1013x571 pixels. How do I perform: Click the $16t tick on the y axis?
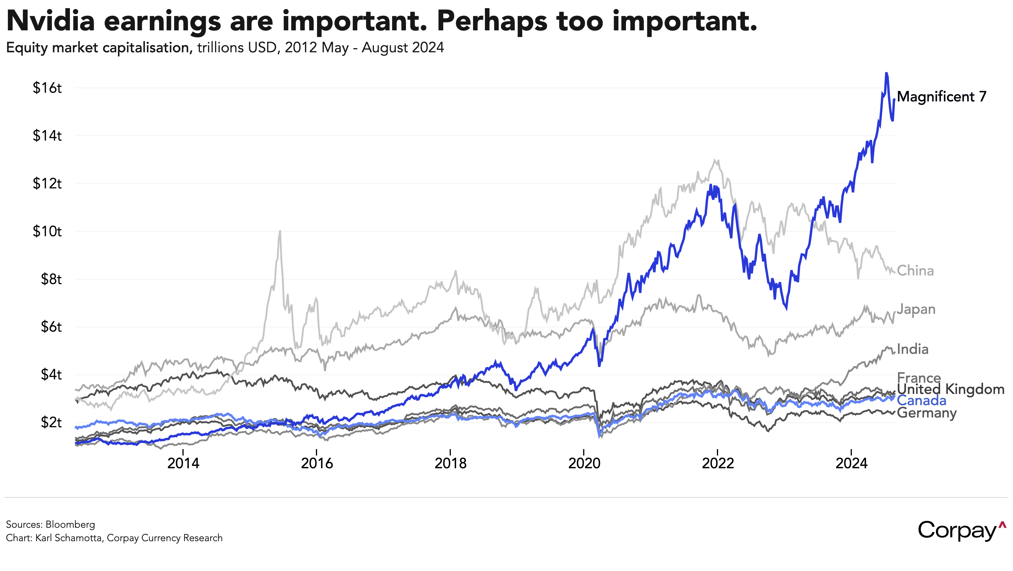coord(47,88)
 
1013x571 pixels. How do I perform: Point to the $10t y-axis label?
coord(47,231)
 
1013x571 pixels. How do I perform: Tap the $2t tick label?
coord(51,423)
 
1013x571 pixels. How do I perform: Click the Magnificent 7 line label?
coord(941,97)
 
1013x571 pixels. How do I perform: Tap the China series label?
coord(915,271)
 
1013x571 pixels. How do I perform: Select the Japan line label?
coord(916,309)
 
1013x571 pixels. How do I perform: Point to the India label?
coord(913,349)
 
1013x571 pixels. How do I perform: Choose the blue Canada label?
coord(921,401)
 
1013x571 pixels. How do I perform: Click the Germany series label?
coord(927,413)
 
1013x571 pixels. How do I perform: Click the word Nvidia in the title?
coord(51,20)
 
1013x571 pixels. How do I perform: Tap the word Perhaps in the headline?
coord(492,20)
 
